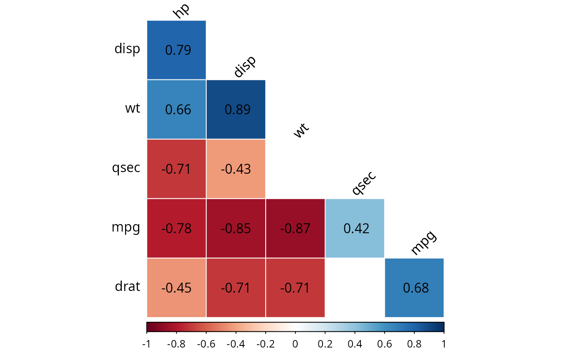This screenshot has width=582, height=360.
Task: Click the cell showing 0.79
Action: (177, 50)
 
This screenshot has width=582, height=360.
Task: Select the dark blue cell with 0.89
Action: (236, 109)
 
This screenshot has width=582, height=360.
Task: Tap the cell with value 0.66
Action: (177, 109)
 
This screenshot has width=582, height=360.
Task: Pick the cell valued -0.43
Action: (236, 169)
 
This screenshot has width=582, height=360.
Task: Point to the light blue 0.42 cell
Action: (355, 228)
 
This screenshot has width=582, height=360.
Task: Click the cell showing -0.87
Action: (296, 228)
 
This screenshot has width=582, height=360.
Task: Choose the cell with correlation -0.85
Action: (236, 228)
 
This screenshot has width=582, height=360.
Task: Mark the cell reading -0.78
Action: (177, 228)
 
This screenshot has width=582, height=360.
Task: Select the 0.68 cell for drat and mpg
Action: (414, 288)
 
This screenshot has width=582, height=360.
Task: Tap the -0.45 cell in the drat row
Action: (177, 288)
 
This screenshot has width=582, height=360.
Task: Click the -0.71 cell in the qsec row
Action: (177, 169)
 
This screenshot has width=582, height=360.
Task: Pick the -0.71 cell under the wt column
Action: (296, 288)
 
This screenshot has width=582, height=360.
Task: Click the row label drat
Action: (128, 286)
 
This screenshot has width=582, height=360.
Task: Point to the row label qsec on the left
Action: (126, 168)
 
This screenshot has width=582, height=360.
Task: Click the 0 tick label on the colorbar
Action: (295, 345)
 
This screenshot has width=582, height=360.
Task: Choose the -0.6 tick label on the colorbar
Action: (206, 345)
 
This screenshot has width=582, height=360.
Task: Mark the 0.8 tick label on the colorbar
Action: (414, 345)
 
